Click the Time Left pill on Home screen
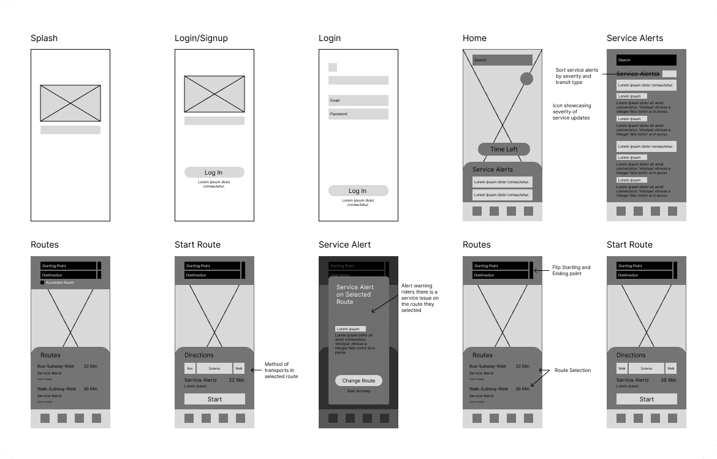[x=504, y=150]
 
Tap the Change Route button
[x=358, y=381]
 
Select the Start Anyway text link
[x=358, y=391]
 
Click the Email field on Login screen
[x=358, y=101]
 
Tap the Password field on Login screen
[x=358, y=114]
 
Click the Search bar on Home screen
[x=503, y=60]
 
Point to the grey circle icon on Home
[x=526, y=78]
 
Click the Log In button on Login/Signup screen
[x=214, y=172]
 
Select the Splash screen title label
[x=44, y=38]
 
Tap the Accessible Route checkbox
[x=43, y=283]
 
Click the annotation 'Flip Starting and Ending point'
[x=571, y=270]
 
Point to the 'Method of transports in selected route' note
[x=281, y=370]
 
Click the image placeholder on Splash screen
[x=70, y=103]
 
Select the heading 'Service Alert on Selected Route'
[x=355, y=294]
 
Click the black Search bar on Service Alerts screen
[x=647, y=60]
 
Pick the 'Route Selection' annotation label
[x=572, y=370]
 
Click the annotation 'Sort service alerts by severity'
[x=577, y=76]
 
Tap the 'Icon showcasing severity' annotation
[x=572, y=112]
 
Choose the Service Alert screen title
[x=344, y=245]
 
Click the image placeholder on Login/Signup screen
[x=214, y=94]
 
